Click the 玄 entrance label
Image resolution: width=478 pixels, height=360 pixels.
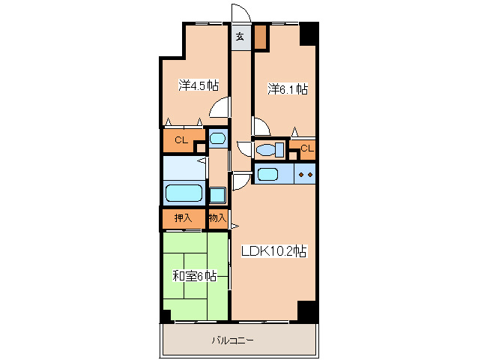pyautogui.click(x=240, y=37)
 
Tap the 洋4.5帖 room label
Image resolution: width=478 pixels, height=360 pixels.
pyautogui.click(x=199, y=85)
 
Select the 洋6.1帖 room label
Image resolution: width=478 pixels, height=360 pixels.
pyautogui.click(x=288, y=88)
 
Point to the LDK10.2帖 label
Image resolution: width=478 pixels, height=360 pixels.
pyautogui.click(x=273, y=251)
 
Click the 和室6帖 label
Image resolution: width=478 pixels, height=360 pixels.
pyautogui.click(x=195, y=276)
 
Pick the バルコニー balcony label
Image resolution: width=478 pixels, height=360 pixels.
pyautogui.click(x=232, y=340)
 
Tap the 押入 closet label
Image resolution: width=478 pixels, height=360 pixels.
pyautogui.click(x=183, y=217)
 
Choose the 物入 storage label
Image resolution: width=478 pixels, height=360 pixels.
pyautogui.click(x=218, y=217)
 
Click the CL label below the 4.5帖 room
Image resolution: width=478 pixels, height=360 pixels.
pyautogui.click(x=181, y=140)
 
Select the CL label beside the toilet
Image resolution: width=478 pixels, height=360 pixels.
pyautogui.click(x=307, y=148)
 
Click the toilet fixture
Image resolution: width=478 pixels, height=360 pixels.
pyautogui.click(x=270, y=150)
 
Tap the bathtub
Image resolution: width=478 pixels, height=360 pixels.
pyautogui.click(x=184, y=193)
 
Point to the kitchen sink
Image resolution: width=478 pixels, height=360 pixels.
pyautogui.click(x=267, y=174)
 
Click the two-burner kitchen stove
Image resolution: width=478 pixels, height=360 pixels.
pyautogui.click(x=305, y=174)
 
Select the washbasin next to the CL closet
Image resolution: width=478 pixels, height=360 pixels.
pyautogui.click(x=218, y=139)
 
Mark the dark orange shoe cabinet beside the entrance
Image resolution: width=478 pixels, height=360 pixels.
pyautogui.click(x=260, y=37)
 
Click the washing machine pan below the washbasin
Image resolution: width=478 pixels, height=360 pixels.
pyautogui.click(x=217, y=195)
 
